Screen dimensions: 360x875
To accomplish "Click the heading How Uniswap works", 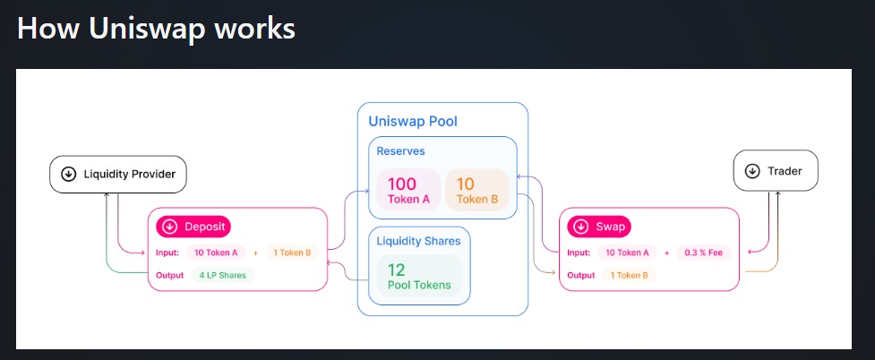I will pyautogui.click(x=156, y=29).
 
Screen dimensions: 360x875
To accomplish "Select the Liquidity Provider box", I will pyautogui.click(x=117, y=174).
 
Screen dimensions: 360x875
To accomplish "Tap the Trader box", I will pyautogui.click(x=776, y=170).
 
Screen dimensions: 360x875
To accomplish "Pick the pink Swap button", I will pyautogui.click(x=600, y=227).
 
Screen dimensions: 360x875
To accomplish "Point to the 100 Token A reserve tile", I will pyautogui.click(x=408, y=191).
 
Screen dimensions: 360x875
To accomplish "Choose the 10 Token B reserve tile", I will pyautogui.click(x=476, y=191).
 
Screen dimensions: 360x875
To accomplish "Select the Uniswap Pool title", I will pyautogui.click(x=413, y=121).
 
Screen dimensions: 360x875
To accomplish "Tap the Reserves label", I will pyautogui.click(x=400, y=151).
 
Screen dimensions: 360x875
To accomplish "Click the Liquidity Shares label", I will pyautogui.click(x=418, y=241).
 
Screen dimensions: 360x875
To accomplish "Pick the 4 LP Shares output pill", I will pyautogui.click(x=223, y=275).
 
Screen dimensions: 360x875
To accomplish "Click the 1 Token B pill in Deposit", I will pyautogui.click(x=291, y=253).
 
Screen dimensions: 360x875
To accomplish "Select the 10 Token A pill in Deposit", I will pyautogui.click(x=216, y=253).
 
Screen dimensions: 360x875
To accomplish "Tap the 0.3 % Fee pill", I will pyautogui.click(x=705, y=253).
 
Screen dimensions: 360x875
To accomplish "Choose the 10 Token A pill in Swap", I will pyautogui.click(x=627, y=253).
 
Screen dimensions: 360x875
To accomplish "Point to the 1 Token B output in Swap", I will pyautogui.click(x=630, y=275).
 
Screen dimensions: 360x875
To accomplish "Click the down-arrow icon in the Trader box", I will pyautogui.click(x=752, y=170).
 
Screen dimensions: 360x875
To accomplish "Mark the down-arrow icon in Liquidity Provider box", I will pyautogui.click(x=68, y=174).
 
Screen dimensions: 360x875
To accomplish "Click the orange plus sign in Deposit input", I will pyautogui.click(x=255, y=253).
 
